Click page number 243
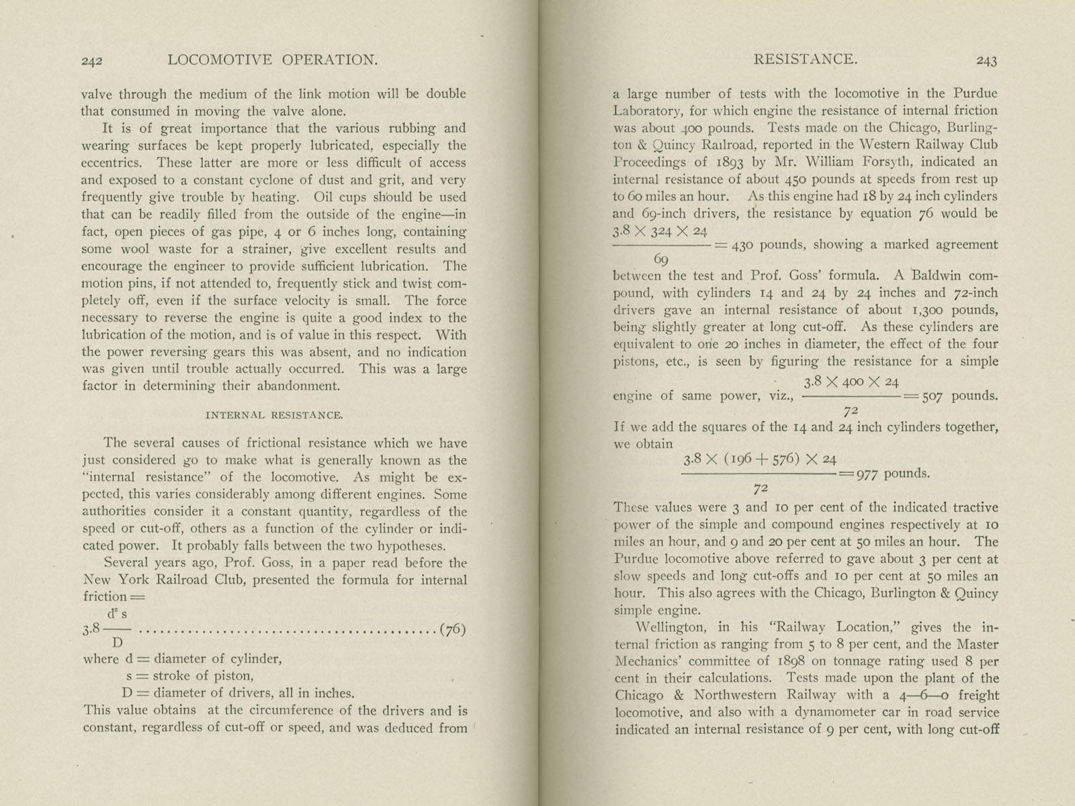[x=986, y=60]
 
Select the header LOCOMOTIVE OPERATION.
[x=272, y=60]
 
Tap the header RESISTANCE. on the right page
[x=805, y=59]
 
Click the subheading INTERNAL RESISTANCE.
[x=273, y=415]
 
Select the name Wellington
[x=673, y=627]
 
